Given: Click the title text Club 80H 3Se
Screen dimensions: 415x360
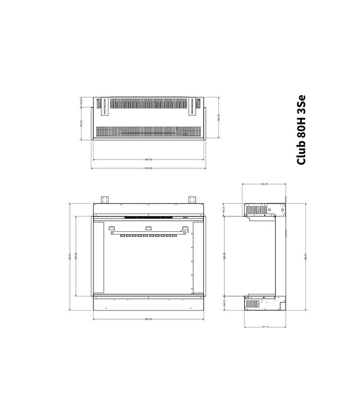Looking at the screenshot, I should point(302,130).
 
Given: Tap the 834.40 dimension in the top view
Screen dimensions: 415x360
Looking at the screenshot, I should point(148,168).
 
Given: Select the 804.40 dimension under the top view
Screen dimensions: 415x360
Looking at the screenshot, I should point(148,160).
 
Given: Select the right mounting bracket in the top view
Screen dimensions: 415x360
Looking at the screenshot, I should point(193,106).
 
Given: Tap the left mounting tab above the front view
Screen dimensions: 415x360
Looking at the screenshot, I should point(105,199).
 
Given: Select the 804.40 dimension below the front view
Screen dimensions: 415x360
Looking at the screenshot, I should point(148,319).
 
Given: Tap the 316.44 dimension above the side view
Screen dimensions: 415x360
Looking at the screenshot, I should point(264,184).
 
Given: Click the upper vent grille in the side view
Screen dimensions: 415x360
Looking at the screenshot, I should point(256,210).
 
